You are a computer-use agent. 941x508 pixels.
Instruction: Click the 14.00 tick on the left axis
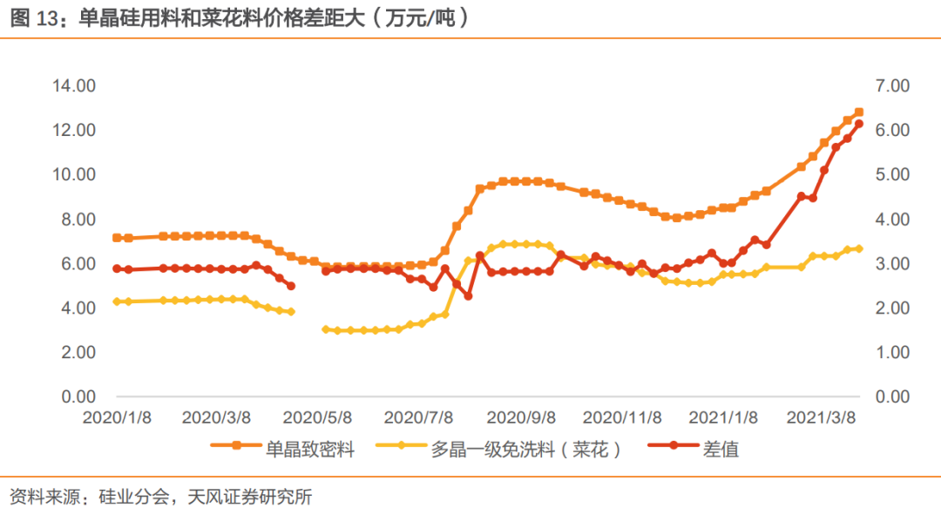(73, 85)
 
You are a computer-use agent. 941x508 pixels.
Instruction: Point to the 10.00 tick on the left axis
(73, 174)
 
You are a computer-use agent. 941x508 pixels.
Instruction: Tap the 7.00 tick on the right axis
(890, 85)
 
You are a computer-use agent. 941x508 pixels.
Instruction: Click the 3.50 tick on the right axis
(890, 241)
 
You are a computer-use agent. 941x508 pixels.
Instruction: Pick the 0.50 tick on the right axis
(890, 375)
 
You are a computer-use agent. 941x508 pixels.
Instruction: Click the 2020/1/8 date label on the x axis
(118, 417)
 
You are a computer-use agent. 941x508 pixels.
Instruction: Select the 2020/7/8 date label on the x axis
(419, 417)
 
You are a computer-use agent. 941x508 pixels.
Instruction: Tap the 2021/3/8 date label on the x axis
(822, 417)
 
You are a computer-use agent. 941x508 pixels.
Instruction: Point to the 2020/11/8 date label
(621, 417)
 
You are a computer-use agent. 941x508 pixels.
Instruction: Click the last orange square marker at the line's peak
(858, 112)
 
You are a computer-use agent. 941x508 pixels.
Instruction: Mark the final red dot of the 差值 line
(858, 124)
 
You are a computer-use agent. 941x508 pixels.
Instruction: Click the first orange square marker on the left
(117, 238)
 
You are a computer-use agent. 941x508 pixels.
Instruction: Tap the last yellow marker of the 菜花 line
(858, 248)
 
